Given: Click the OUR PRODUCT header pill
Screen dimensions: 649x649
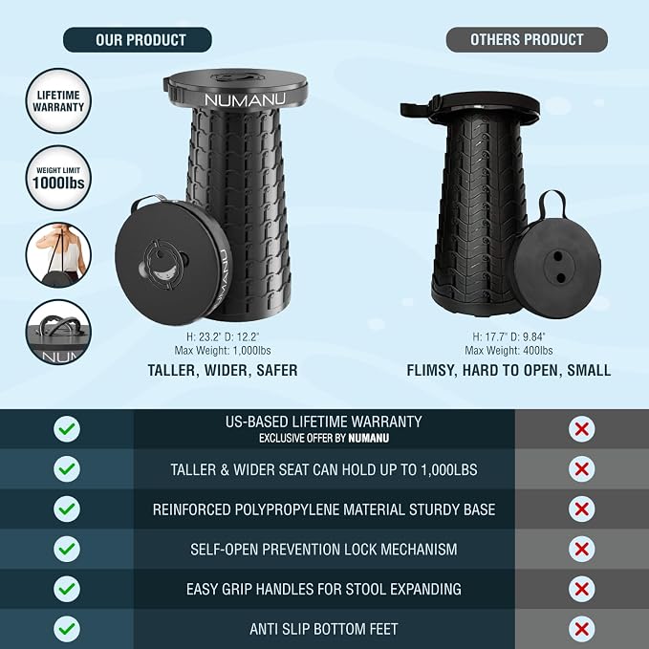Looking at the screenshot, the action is tap(138, 40).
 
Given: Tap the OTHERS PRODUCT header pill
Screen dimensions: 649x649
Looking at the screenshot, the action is tap(527, 39).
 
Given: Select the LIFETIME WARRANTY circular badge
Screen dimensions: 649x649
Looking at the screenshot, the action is tap(58, 100).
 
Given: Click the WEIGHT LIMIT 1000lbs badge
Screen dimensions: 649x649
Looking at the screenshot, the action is tap(58, 178).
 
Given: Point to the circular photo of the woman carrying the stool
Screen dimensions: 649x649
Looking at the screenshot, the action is tap(58, 255).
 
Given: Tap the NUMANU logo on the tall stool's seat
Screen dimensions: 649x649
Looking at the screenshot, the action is tap(245, 99).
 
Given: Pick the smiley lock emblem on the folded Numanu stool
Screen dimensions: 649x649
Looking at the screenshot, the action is tap(163, 262).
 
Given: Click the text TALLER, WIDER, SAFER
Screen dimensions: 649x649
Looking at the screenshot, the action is tap(223, 370).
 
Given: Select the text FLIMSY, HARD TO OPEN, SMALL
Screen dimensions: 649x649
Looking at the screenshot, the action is tap(508, 370).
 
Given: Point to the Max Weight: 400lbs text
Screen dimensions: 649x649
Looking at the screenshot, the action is tap(508, 351).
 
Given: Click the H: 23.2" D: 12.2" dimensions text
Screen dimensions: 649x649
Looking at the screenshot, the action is tap(223, 336).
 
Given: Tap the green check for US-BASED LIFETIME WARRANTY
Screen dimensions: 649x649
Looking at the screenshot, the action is tap(67, 429).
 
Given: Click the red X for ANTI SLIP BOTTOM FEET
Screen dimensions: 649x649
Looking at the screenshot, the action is tap(581, 629).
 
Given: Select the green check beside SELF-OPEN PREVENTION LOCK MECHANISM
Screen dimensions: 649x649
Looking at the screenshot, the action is tap(67, 549).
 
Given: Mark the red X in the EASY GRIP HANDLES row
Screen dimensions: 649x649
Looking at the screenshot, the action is tap(581, 589).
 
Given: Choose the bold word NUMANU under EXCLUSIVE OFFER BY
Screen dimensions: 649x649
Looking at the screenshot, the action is tap(368, 438).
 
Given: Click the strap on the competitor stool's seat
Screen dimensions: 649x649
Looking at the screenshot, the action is tap(418, 109).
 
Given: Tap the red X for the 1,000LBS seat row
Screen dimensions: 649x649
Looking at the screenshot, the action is tap(581, 469).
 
